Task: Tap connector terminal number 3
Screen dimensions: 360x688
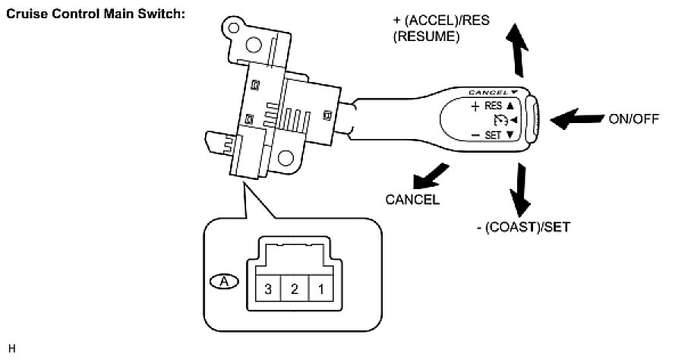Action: [267, 289]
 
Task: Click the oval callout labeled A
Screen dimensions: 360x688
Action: [223, 280]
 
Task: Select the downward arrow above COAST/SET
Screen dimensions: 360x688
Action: [519, 188]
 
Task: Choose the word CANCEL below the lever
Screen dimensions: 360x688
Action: [412, 200]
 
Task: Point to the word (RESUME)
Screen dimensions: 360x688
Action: [426, 35]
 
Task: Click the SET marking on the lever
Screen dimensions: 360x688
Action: [493, 134]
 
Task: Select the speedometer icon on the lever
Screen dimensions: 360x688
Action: [499, 120]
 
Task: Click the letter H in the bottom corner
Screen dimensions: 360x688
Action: [11, 349]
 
